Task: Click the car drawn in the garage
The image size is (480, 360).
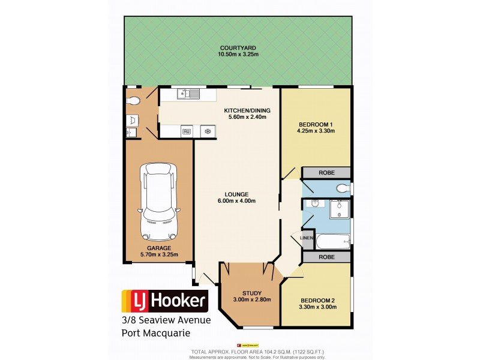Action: tap(158, 201)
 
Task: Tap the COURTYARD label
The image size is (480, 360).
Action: tap(238, 48)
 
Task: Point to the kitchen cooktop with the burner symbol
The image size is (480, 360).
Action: tap(208, 131)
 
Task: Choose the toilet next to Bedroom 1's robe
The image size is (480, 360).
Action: tap(342, 188)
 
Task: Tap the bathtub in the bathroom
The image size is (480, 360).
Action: tap(332, 242)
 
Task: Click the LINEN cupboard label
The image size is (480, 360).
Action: tap(306, 239)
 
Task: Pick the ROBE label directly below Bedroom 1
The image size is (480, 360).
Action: tap(326, 173)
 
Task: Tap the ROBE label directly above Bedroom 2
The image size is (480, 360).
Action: tap(326, 257)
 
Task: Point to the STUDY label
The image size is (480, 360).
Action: tap(252, 293)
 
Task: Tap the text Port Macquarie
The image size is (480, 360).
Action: tap(157, 333)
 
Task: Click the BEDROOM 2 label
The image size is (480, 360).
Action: tap(317, 299)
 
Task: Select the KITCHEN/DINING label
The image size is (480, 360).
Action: tap(247, 110)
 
